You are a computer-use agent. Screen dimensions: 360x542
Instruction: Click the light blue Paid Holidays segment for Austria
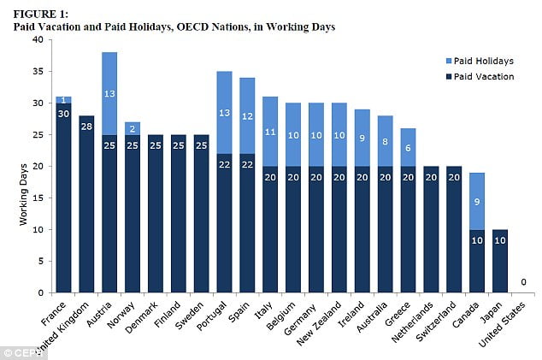coord(109,94)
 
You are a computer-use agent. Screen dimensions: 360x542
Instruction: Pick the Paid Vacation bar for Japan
coord(501,261)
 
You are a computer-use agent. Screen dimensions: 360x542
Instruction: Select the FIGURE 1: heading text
coord(39,13)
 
